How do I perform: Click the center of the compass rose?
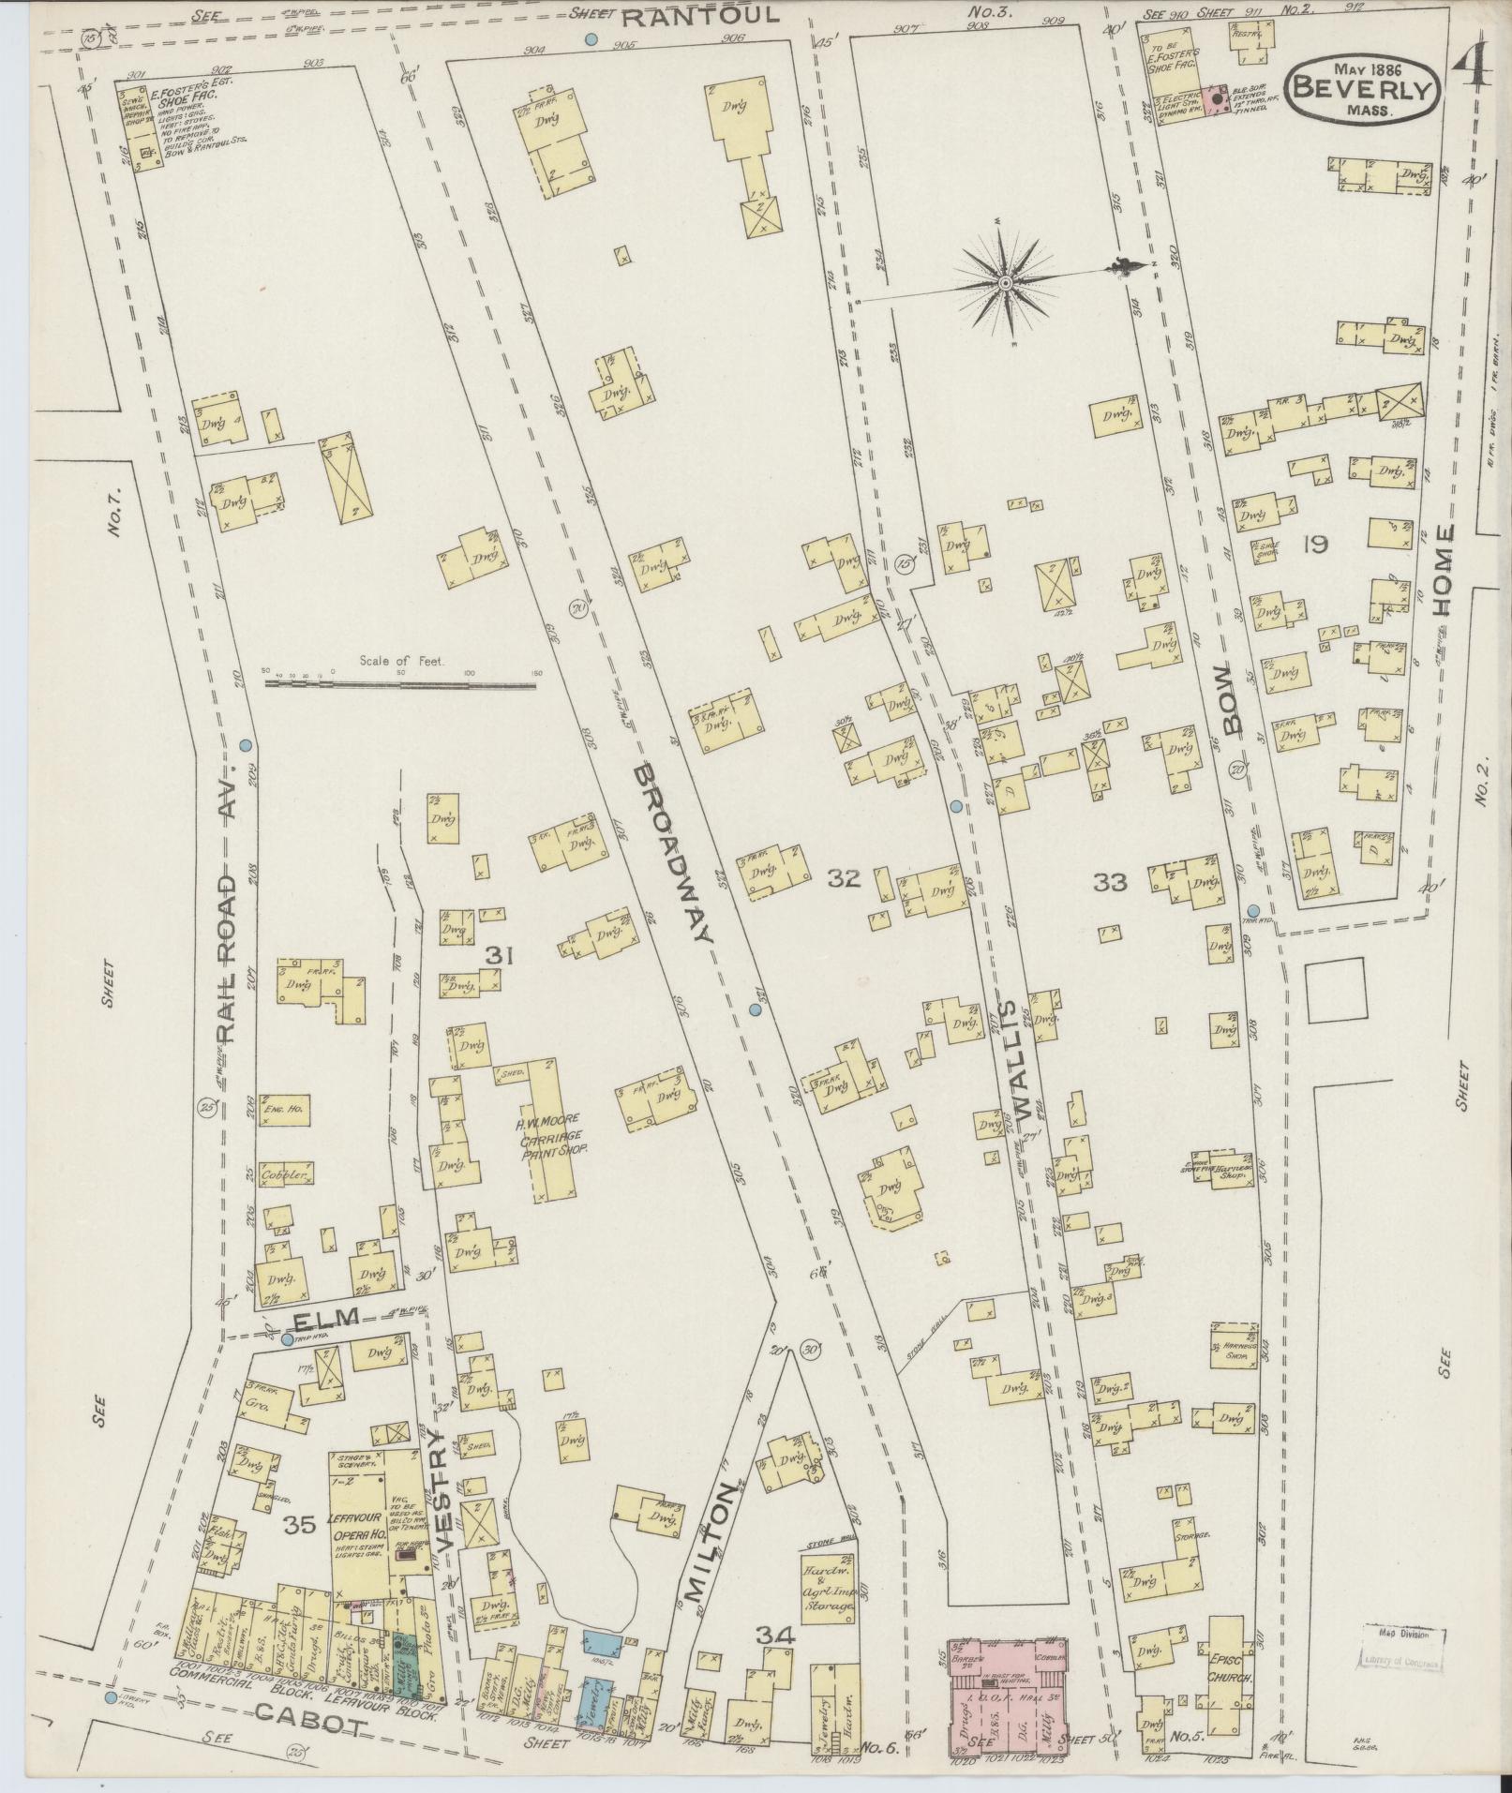[1004, 281]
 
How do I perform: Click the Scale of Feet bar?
[401, 683]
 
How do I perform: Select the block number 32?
[844, 878]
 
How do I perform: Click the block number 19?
[1315, 544]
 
